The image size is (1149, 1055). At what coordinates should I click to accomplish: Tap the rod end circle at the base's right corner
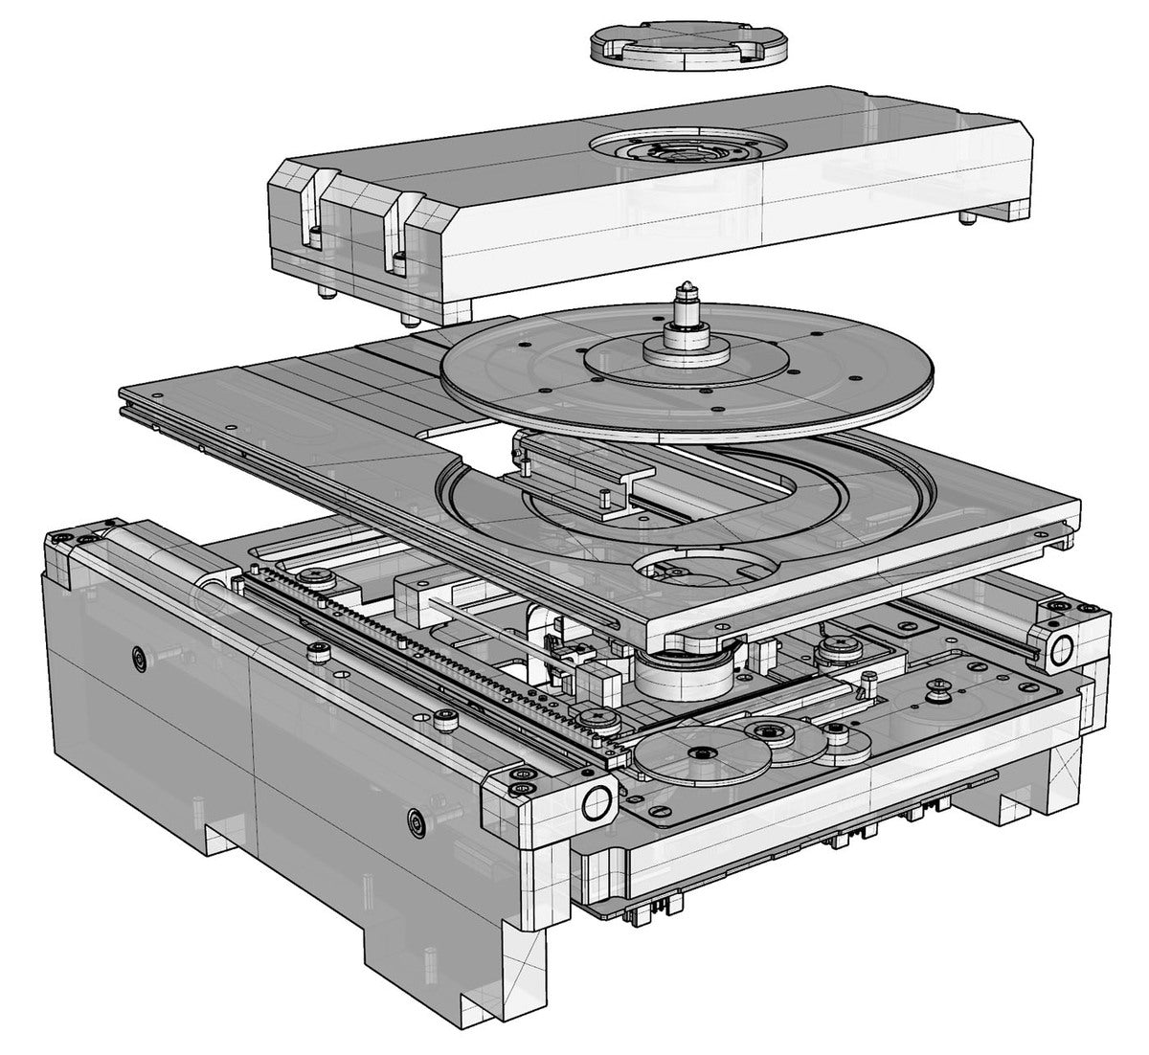point(1061,651)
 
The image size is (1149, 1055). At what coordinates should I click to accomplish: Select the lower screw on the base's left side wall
point(413,819)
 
